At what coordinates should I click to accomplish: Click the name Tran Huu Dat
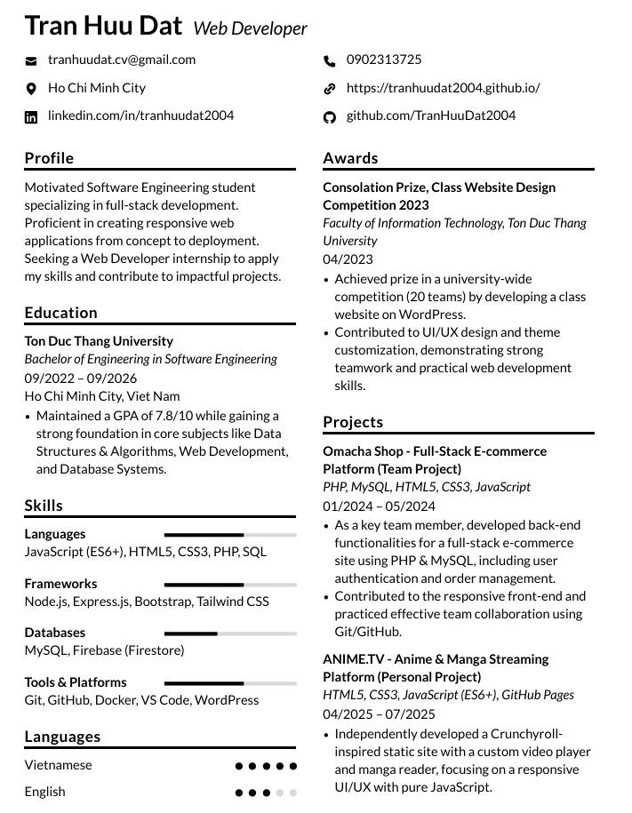(x=103, y=26)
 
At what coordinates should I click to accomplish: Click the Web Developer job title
(x=250, y=28)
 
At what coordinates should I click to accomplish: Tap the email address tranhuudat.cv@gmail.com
(x=122, y=60)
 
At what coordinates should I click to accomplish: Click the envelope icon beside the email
(x=31, y=60)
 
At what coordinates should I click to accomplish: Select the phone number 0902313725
(x=384, y=60)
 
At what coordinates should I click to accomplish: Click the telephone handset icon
(x=330, y=60)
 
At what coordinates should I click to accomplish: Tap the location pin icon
(x=31, y=89)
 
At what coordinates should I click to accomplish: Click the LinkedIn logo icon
(x=31, y=116)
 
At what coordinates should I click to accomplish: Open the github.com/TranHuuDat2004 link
(x=431, y=116)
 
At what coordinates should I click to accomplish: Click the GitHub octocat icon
(x=330, y=116)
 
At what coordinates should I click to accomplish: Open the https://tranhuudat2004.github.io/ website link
(x=443, y=88)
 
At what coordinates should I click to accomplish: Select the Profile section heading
(x=49, y=158)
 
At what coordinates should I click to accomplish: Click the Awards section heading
(x=350, y=158)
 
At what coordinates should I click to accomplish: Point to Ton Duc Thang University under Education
(x=99, y=341)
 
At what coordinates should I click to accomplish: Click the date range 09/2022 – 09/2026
(x=81, y=378)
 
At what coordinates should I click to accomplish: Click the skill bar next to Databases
(x=230, y=634)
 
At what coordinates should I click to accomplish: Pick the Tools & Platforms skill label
(x=76, y=682)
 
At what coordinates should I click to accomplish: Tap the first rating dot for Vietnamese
(x=239, y=766)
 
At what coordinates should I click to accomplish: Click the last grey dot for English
(x=293, y=793)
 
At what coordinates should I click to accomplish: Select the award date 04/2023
(x=348, y=259)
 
